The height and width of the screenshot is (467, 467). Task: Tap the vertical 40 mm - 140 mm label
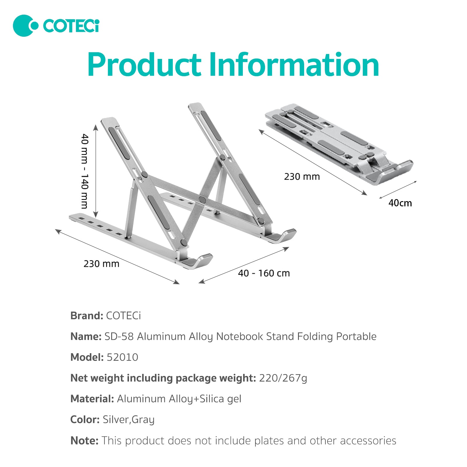[x=85, y=171]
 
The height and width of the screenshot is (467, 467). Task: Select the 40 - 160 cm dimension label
[x=264, y=273]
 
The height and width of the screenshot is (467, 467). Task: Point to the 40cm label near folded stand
[x=400, y=203]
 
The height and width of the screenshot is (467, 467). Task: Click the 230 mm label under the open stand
[x=101, y=264]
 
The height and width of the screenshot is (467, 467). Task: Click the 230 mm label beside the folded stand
[x=302, y=177]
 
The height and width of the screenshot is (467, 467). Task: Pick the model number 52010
[x=122, y=357]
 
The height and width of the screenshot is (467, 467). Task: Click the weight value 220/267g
[x=283, y=378]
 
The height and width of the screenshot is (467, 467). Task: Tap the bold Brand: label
[x=87, y=316]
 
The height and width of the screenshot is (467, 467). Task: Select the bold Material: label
[x=92, y=399]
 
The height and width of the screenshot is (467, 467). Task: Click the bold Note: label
[x=84, y=441]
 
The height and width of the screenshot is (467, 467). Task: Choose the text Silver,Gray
[x=128, y=420]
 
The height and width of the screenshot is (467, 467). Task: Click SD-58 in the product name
[x=119, y=337]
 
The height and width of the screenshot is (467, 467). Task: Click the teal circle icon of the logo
[x=25, y=26]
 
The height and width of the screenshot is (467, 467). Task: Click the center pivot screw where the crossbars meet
[x=202, y=200]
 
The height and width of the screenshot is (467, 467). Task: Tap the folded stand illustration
[x=339, y=143]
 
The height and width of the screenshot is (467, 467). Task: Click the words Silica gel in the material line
[x=220, y=399]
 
